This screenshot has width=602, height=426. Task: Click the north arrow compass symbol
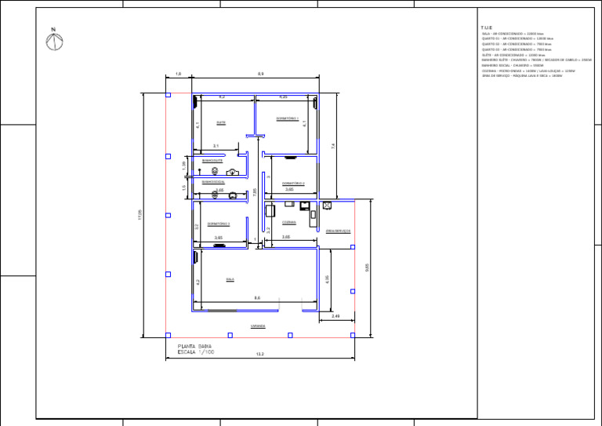54,40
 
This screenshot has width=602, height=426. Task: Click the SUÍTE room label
221,122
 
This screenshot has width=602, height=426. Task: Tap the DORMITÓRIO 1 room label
288,118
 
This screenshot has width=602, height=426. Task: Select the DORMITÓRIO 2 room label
293,184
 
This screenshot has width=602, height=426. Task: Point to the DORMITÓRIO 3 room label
219,224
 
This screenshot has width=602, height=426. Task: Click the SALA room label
230,279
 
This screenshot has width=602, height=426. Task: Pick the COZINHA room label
288,222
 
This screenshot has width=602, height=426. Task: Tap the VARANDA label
258,326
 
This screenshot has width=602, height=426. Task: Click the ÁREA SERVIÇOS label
338,231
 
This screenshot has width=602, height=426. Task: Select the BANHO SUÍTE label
212,160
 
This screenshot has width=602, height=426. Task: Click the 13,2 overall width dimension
260,355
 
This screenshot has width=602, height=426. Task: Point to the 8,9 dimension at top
260,74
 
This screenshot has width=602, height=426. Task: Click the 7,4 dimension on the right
333,146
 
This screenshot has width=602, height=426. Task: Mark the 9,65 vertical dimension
367,268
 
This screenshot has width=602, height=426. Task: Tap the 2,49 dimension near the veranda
335,315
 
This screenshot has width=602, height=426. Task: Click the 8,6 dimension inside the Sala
257,298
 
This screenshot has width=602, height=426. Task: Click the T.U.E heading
487,28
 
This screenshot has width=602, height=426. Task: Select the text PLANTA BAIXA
195,346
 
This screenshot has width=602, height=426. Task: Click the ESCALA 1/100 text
195,352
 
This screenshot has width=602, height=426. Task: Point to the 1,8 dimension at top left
179,74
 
